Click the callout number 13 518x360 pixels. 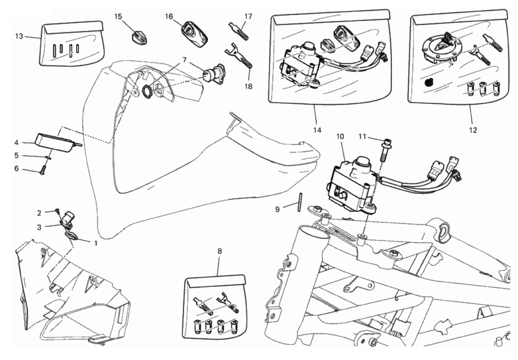pos(18,36)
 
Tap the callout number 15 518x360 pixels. pos(118,16)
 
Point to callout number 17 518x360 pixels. pos(248,16)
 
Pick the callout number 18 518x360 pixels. pos(248,86)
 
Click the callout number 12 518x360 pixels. pos(473,130)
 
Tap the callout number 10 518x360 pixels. pos(340,137)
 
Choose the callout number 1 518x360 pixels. pos(96,242)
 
